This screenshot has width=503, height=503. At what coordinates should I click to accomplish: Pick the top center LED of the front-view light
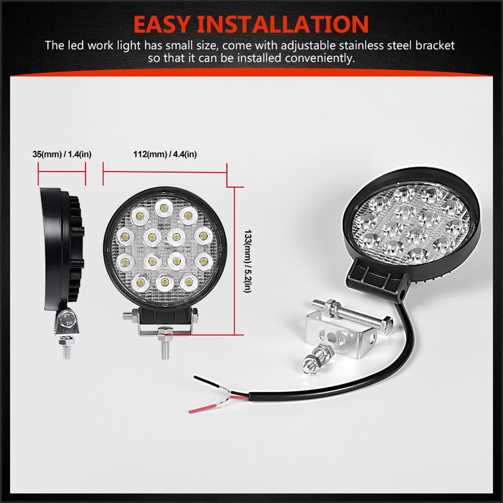[x=164, y=208]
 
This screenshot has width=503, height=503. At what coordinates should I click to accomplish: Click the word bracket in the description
[x=435, y=45]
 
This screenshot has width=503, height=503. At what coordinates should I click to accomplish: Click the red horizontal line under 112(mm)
[x=165, y=173]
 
